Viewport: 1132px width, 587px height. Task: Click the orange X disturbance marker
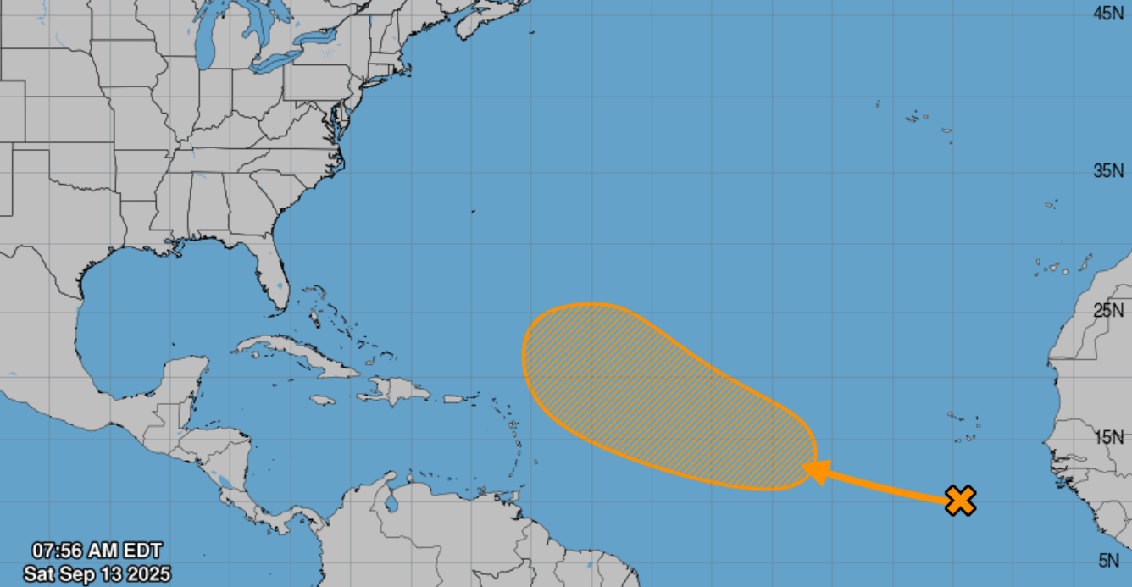960,501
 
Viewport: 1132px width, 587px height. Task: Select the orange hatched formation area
652,390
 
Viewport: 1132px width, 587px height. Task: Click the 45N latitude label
1108,13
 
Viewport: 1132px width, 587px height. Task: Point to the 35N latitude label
1108,171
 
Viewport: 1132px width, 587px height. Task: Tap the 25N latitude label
1108,311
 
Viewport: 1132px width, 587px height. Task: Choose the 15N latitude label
1108,437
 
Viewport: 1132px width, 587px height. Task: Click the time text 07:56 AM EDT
97,551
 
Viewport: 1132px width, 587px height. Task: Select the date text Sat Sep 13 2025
97,573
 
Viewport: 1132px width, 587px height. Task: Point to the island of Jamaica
323,400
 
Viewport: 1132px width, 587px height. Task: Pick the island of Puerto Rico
455,398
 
